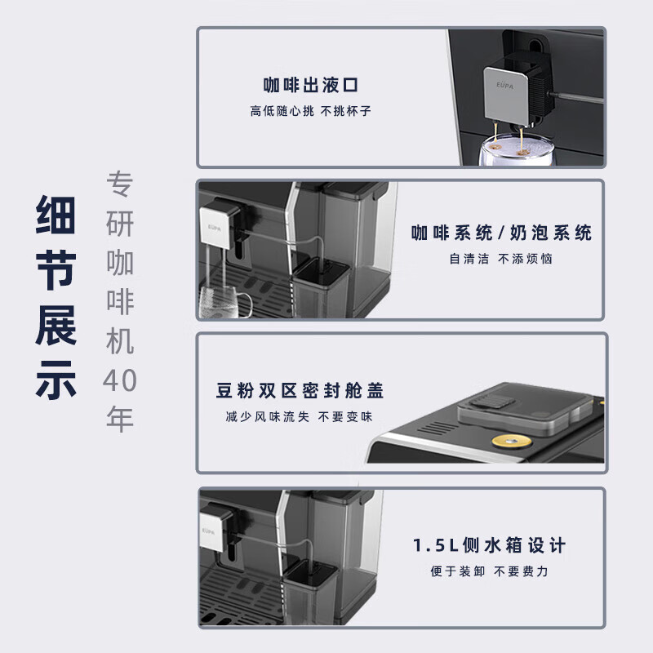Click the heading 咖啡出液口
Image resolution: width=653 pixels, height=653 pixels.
[x=311, y=85]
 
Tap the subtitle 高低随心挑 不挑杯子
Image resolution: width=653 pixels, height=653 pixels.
[x=311, y=111]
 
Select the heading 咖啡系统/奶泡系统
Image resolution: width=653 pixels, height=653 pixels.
[x=501, y=233]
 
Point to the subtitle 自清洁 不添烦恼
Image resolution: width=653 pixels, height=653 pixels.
[x=501, y=259]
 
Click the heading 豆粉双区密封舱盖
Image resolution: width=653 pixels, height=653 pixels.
[x=300, y=390]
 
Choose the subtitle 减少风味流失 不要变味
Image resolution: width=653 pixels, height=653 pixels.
[x=300, y=416]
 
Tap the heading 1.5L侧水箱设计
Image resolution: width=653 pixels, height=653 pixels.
[x=489, y=545]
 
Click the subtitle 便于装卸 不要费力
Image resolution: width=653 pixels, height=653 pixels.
[x=489, y=571]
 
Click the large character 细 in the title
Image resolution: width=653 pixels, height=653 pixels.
[x=56, y=215]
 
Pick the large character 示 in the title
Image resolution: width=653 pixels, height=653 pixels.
[x=56, y=380]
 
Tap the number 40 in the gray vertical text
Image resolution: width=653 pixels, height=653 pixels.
[x=120, y=380]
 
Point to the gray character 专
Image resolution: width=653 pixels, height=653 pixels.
[x=120, y=184]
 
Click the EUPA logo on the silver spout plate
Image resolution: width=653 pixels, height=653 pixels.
[x=504, y=86]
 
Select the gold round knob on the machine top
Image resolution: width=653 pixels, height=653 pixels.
[x=512, y=441]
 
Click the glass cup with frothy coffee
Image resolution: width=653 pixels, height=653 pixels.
[x=516, y=149]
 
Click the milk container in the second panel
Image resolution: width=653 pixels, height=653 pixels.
[x=321, y=287]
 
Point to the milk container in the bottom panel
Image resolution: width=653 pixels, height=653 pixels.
[x=311, y=591]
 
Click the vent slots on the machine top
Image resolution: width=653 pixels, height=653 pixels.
[x=437, y=428]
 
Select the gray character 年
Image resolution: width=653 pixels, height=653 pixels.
[x=120, y=419]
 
